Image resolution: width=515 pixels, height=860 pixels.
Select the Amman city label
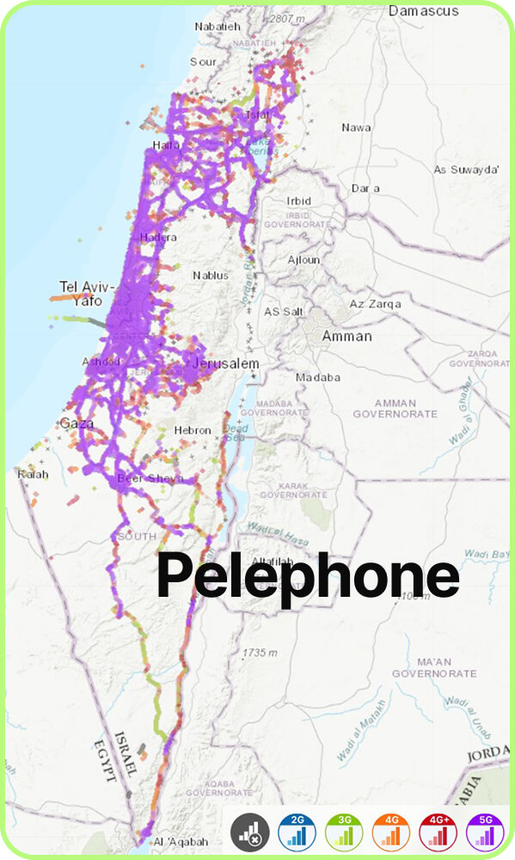[x=346, y=336]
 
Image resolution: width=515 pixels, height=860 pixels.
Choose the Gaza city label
[x=75, y=423]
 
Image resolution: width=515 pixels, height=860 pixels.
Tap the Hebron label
[x=192, y=430]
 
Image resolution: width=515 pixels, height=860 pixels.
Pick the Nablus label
[x=211, y=275]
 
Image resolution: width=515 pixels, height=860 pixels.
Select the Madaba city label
[x=317, y=378]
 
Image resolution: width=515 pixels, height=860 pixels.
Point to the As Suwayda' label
[x=467, y=169]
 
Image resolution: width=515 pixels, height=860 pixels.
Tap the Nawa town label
[x=356, y=127]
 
